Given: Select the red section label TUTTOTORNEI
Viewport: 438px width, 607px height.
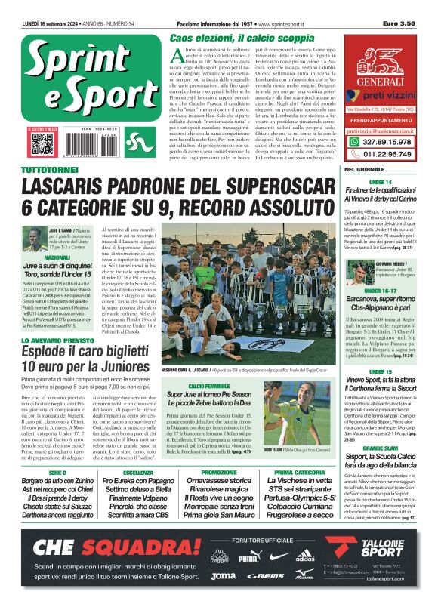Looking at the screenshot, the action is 50,172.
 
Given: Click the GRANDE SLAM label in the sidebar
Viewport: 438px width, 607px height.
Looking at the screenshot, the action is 381,448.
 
